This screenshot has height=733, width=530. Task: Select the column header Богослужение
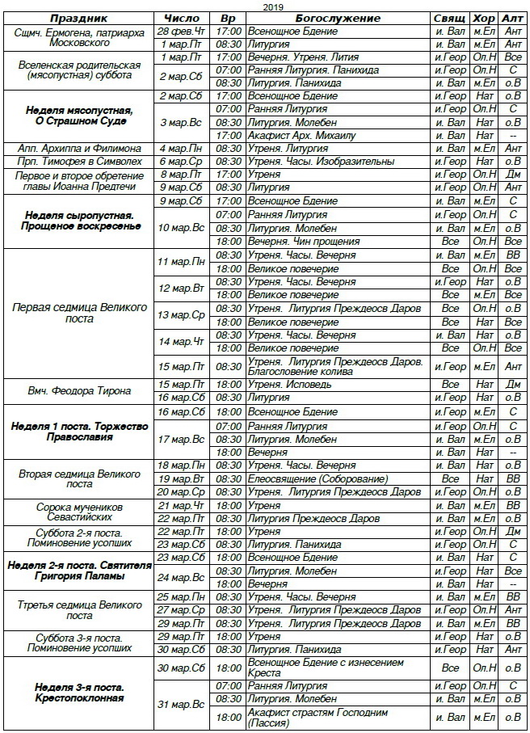point(337,18)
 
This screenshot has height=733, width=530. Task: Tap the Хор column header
point(484,18)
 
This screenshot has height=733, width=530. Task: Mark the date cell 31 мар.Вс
point(183,705)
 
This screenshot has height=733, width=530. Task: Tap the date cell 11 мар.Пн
point(183,262)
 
